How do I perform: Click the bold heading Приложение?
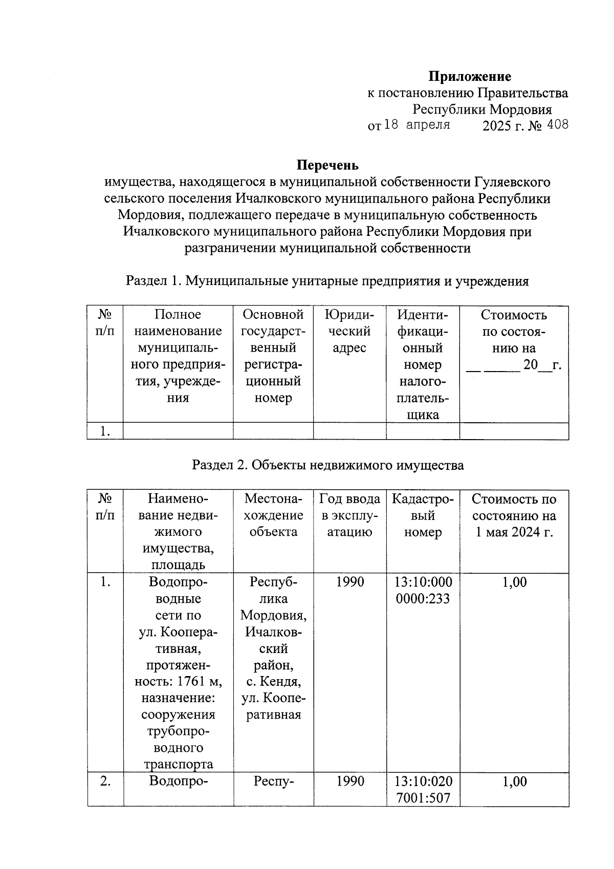tap(469, 77)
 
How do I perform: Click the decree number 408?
tap(557, 125)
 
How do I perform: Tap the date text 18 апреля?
tap(416, 125)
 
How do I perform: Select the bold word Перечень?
tap(327, 165)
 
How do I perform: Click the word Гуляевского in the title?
tap(512, 182)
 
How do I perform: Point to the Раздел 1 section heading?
tap(327, 281)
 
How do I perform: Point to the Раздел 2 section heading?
tap(327, 465)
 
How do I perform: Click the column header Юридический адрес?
tap(349, 331)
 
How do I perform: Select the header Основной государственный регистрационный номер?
tap(273, 356)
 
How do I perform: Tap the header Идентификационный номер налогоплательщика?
tap(422, 364)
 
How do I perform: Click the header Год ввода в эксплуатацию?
tap(349, 515)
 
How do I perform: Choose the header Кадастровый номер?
tap(422, 515)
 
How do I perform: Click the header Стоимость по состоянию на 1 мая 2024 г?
tap(514, 515)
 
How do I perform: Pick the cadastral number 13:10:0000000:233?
tap(423, 590)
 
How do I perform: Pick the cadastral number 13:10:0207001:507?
tap(423, 789)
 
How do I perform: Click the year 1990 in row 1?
tap(350, 582)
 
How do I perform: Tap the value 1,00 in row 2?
tap(514, 781)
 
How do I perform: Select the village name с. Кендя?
tap(273, 682)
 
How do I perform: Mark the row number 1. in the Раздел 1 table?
tap(105, 431)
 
